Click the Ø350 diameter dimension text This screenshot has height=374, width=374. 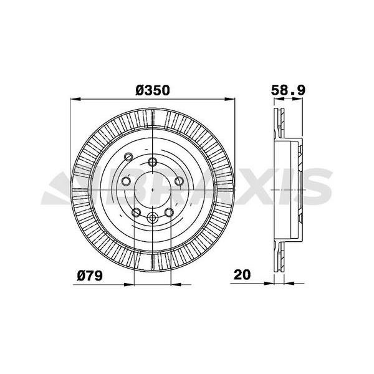[x=153, y=90]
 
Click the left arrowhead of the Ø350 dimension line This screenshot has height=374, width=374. [x=77, y=98]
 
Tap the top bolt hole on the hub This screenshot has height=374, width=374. [x=153, y=163]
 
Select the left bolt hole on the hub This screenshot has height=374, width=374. [x=125, y=181]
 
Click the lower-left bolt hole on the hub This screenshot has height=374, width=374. [x=136, y=212]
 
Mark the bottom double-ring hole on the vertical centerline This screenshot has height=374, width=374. [x=153, y=218]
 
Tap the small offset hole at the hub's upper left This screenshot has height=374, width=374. [x=128, y=156]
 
